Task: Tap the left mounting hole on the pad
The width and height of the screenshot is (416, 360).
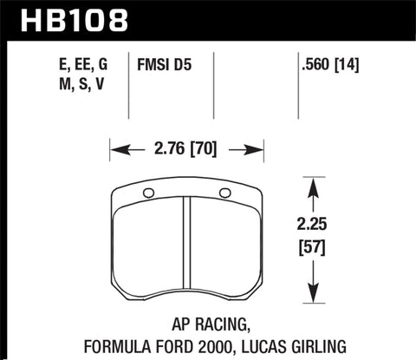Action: [x=146, y=193]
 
